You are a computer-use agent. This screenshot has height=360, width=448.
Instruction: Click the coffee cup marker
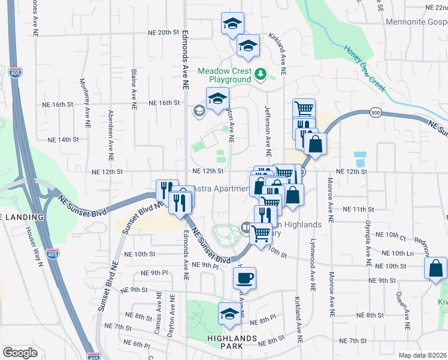(244, 278)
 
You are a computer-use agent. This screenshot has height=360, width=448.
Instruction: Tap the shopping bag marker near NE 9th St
(435, 268)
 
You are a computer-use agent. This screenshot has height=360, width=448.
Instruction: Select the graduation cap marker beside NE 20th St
(232, 23)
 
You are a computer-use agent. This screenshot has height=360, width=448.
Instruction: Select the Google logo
(20, 352)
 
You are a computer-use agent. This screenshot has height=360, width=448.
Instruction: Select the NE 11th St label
(359, 209)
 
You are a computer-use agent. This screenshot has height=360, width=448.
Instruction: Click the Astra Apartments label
(219, 188)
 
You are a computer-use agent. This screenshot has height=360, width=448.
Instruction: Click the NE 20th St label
(164, 32)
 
